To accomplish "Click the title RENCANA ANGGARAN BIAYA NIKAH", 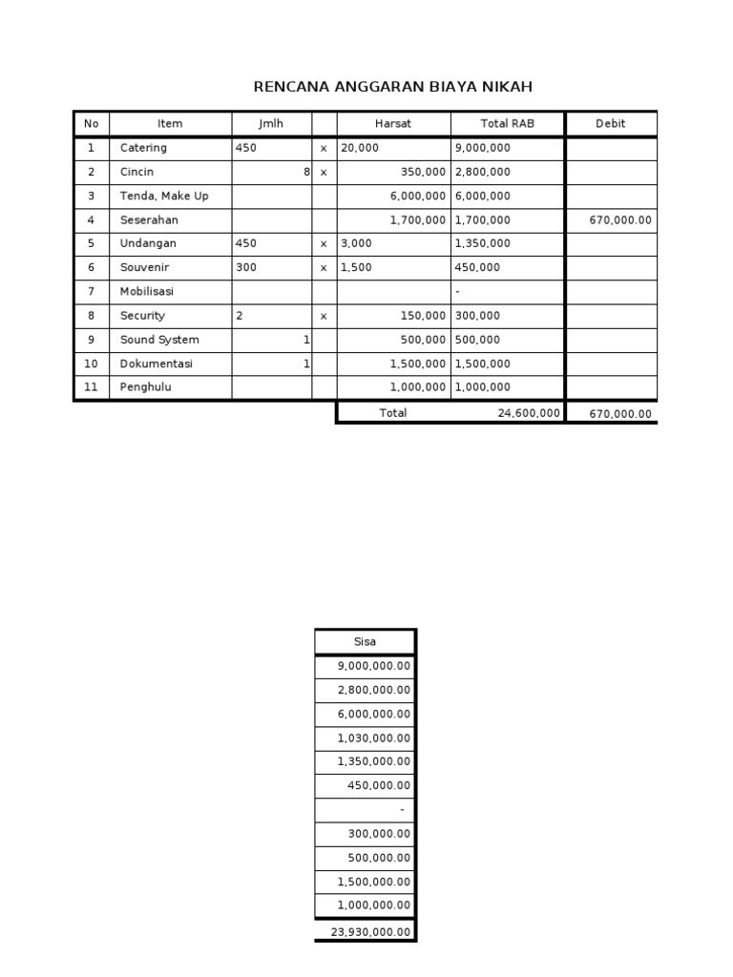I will [392, 87].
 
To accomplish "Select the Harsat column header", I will [393, 124].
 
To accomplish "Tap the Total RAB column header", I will [507, 124].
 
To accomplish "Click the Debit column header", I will [610, 124].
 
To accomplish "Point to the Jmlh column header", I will [271, 124].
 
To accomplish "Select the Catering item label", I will [143, 148].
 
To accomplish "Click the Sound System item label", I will [159, 340].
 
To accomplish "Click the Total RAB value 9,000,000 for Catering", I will [482, 148].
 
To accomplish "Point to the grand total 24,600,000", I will [529, 413].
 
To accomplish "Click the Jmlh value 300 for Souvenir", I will [246, 268].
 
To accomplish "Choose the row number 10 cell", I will [92, 364].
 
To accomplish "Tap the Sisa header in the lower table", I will [365, 642].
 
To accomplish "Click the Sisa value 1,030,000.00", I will [374, 738].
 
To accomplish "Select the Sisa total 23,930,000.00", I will [371, 932].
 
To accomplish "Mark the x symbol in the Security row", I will [324, 316].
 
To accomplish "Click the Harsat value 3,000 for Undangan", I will [356, 243].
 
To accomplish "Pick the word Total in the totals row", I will [392, 413].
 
